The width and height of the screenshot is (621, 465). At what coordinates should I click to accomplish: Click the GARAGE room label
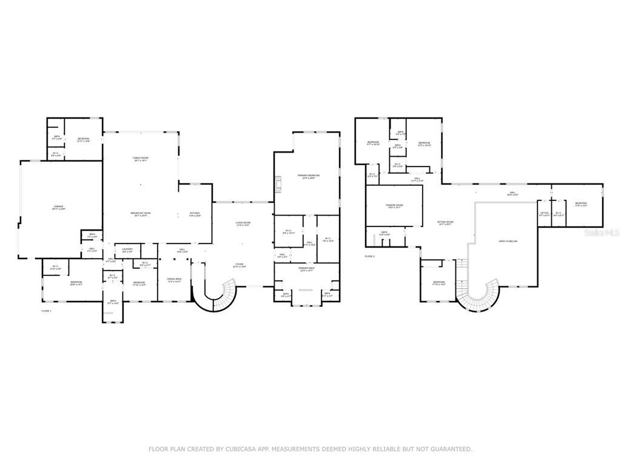tap(58, 207)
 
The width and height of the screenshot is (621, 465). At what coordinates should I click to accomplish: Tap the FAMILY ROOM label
tap(141, 159)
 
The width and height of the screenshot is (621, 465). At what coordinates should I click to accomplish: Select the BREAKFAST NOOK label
tap(141, 214)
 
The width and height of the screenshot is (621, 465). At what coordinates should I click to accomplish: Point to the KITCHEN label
tap(195, 214)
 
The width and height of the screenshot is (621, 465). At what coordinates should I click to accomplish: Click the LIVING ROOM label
tap(243, 224)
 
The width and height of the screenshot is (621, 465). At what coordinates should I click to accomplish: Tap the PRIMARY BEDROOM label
tap(308, 176)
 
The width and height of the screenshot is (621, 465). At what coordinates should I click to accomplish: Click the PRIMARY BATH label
tap(306, 268)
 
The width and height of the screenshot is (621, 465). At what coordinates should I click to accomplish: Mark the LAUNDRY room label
tap(127, 249)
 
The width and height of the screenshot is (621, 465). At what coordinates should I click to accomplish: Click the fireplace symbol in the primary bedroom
tap(278, 182)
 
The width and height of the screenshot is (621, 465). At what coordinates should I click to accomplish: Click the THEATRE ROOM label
tap(394, 206)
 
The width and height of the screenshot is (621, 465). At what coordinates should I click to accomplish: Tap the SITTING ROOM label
tap(446, 223)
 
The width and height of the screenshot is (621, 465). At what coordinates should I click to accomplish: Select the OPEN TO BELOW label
tap(508, 241)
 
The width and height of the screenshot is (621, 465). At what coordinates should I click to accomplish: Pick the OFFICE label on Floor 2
tap(544, 214)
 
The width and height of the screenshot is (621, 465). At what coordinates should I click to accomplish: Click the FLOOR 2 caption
tap(370, 257)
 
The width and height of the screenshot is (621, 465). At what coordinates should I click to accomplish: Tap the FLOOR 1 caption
tap(46, 311)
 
